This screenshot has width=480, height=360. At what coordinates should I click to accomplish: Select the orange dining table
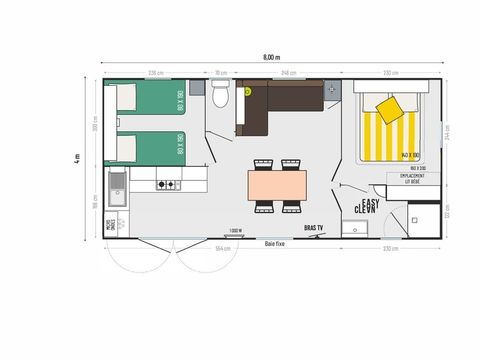click(278, 185)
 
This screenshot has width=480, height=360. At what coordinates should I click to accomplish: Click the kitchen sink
click(118, 184)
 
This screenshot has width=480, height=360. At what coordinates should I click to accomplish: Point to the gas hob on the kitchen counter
click(165, 185)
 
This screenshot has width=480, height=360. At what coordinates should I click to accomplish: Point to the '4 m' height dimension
click(76, 159)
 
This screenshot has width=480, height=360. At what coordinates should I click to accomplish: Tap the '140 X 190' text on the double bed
click(407, 155)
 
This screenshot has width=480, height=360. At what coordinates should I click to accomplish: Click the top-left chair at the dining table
click(264, 163)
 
